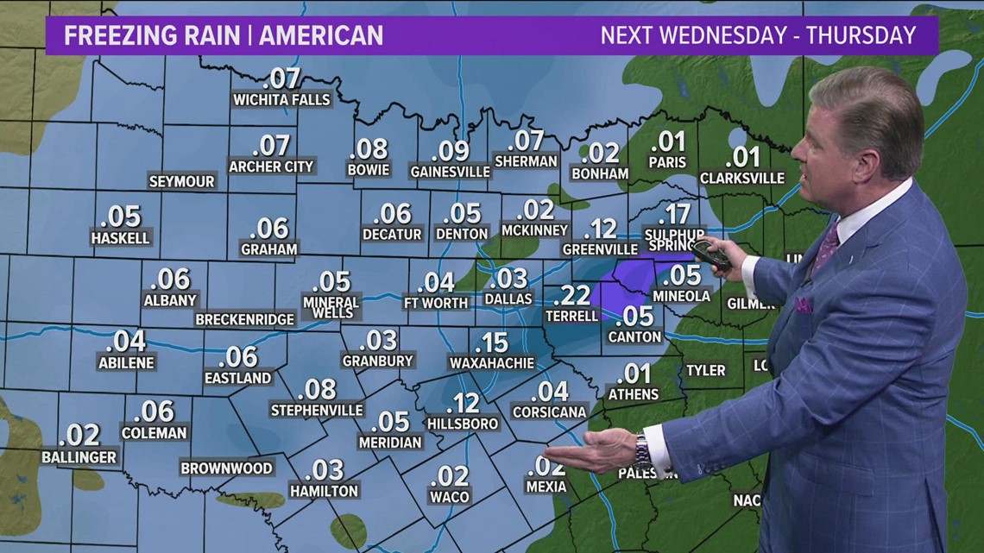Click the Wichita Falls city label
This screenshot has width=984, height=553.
click(x=281, y=100)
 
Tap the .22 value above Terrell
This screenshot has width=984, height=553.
click(x=571, y=296)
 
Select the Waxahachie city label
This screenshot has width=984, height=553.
click(x=492, y=363)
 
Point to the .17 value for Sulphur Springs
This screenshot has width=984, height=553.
click(x=674, y=213)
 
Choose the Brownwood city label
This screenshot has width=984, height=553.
click(x=226, y=468)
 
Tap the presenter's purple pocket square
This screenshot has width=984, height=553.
click(x=804, y=304)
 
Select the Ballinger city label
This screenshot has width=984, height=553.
click(x=79, y=457)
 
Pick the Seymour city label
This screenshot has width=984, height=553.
click(x=181, y=181)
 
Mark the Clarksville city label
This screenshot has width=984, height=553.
click(x=742, y=179)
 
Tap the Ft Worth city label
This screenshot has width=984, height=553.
click(x=436, y=303)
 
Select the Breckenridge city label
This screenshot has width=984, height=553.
click(x=245, y=319)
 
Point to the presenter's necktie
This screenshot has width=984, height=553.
click(x=826, y=248)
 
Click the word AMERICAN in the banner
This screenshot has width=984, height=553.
click(x=321, y=36)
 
